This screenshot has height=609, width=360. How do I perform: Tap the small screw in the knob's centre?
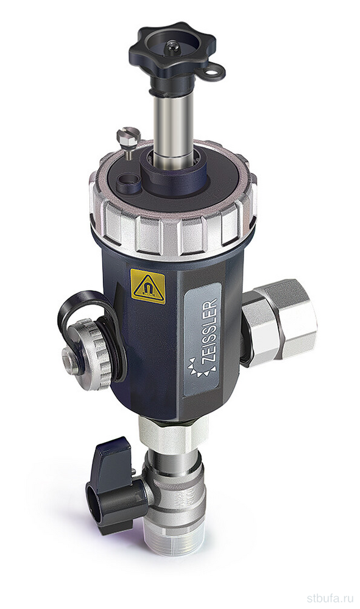tap(172, 47)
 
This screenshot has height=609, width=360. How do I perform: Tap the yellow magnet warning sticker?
tap(147, 286)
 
